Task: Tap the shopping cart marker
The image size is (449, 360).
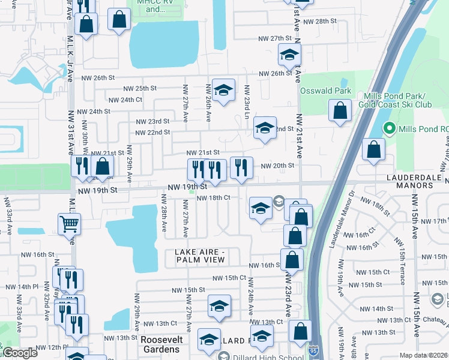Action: (x=70, y=225)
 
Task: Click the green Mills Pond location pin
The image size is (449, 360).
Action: (x=389, y=128)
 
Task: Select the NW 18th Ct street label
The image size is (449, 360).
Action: (x=214, y=197)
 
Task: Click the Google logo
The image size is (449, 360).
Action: (x=20, y=353)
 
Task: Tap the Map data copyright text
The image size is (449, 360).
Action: (x=424, y=355)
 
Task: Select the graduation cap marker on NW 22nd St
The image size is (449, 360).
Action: (x=264, y=128)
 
